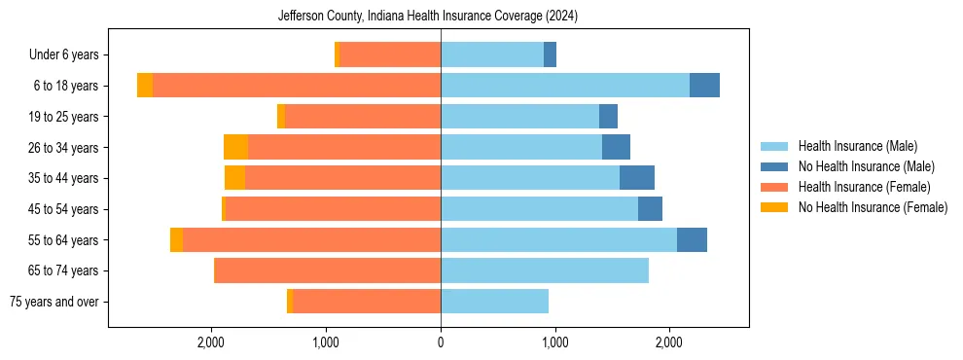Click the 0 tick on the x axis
[x=441, y=342]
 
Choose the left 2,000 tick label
[x=211, y=342]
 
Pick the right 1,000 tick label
[x=554, y=342]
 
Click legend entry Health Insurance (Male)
[x=857, y=146]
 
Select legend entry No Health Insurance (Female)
[x=873, y=207]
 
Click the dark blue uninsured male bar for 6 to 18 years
[x=704, y=86]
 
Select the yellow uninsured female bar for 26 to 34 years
[x=235, y=147]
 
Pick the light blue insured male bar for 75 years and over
[x=494, y=302]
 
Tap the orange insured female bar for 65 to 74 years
[x=327, y=270]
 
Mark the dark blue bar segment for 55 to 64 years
[x=692, y=240]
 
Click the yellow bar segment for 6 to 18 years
[x=145, y=86]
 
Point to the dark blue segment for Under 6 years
[x=550, y=55]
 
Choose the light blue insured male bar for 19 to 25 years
[x=519, y=117]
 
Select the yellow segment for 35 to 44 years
[x=234, y=178]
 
